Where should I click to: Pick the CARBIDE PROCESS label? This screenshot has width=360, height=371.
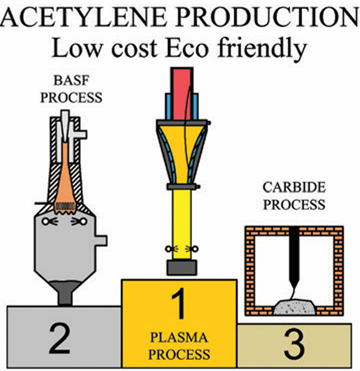tap(294, 196)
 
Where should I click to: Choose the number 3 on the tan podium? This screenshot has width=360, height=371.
tap(295, 344)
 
